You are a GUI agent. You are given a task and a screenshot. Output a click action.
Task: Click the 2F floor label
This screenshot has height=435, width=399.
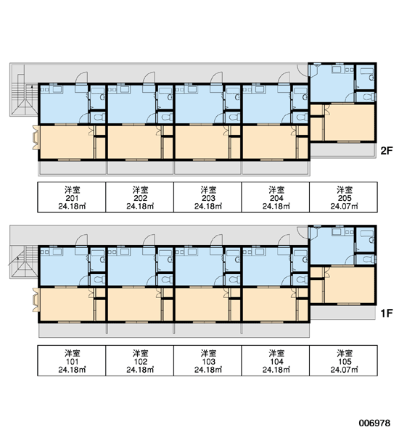tap(387, 151)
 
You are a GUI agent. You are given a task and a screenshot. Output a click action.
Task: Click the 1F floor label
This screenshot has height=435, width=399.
tap(387, 313)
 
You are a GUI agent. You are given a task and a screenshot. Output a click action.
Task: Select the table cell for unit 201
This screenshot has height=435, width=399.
tap(72, 197)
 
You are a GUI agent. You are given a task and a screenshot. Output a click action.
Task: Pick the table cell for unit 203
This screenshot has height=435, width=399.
tap(207, 197)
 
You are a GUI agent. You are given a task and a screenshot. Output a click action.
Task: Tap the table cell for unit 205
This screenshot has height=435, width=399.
tap(343, 197)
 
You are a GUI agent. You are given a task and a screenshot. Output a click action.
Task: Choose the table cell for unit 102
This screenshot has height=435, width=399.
tap(140, 360)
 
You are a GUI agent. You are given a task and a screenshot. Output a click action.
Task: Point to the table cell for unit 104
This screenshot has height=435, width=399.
tap(276, 360)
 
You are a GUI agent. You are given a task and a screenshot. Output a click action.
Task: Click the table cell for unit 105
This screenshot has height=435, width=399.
tap(343, 360)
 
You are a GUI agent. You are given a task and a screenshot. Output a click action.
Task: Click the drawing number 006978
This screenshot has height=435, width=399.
tap(374, 423)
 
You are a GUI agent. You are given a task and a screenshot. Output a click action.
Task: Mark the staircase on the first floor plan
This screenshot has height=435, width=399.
tap(24, 262)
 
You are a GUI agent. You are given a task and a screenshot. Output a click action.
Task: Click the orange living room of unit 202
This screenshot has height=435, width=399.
tap(134, 142)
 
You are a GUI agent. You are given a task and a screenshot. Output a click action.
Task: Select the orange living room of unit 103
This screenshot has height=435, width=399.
tap(202, 304)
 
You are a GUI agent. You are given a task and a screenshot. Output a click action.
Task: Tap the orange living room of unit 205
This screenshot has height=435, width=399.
tap(350, 123)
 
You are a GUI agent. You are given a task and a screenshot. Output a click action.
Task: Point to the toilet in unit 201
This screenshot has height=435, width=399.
tap(99, 117)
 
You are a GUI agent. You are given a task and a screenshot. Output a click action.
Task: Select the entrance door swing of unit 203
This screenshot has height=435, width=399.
tap(217, 78)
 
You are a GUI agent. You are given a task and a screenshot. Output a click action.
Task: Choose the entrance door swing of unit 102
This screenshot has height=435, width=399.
tap(149, 240)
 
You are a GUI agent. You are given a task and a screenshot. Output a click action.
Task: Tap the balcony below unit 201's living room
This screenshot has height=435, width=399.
tap(73, 168)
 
